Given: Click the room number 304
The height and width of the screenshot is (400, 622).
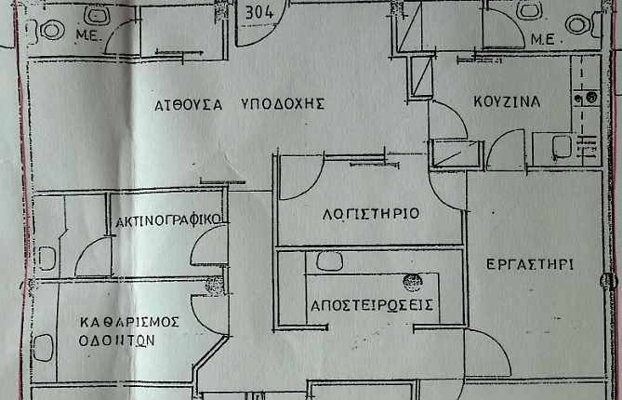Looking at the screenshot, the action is tap(259, 12).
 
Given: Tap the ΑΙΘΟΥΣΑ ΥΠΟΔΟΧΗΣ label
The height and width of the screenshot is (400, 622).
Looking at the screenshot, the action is tap(240, 105).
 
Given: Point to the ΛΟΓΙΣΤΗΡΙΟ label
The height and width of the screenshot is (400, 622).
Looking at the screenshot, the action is tap(370, 214).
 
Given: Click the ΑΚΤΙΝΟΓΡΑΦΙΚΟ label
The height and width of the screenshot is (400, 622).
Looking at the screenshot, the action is tap(167, 220).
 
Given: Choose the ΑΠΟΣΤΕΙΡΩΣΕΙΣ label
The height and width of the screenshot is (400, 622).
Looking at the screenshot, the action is tap(371, 305).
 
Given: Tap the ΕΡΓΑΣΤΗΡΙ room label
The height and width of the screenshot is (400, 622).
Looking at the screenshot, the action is tap(530, 264).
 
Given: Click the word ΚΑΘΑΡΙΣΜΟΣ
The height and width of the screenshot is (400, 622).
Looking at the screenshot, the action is tap(129, 322).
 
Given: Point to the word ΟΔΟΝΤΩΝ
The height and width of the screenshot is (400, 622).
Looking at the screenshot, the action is tap(116, 340).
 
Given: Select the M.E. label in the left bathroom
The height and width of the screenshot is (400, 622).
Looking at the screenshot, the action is tap(89, 36).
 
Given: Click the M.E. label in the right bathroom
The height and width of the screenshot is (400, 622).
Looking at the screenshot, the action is tap(542, 40).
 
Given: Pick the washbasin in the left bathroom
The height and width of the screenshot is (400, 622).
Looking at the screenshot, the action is tap(96, 15).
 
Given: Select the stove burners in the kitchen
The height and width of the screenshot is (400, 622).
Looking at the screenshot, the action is tap(587, 98).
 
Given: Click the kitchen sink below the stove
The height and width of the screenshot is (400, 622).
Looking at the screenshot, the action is tap(562, 147).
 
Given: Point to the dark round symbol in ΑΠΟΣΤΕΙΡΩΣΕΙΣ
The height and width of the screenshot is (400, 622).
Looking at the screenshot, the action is tap(412, 283).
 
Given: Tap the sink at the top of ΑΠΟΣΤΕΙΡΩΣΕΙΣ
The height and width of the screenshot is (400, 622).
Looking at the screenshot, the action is tap(330, 261).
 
